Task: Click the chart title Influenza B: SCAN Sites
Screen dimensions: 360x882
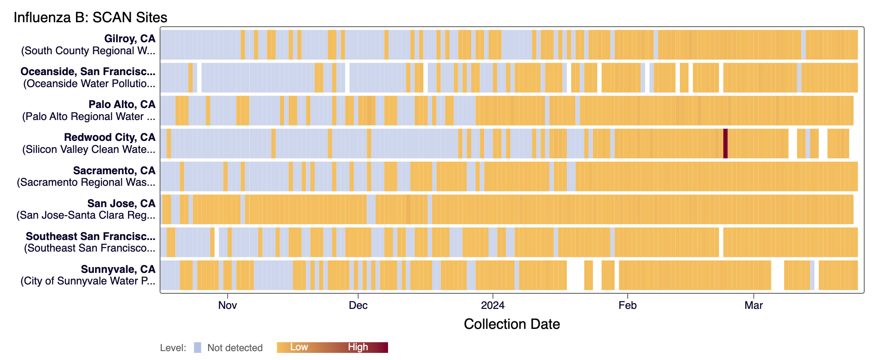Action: [x=90, y=17]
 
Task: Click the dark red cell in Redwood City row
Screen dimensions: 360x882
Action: [x=725, y=144]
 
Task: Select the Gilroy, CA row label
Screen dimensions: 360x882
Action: [x=129, y=39]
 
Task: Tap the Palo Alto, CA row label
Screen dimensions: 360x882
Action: [x=122, y=104]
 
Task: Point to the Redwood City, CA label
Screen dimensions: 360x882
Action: [x=109, y=137]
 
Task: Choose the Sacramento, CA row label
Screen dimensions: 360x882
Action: [x=114, y=171]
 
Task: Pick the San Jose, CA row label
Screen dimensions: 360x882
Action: [x=121, y=204]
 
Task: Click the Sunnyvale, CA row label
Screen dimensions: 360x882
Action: [x=118, y=269]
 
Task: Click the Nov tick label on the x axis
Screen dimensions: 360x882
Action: [x=227, y=305]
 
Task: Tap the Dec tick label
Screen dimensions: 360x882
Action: [x=358, y=305]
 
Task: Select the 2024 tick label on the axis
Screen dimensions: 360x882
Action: [x=493, y=305]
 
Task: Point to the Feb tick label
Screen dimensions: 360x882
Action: [x=627, y=305]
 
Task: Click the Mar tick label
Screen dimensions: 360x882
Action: [x=754, y=305]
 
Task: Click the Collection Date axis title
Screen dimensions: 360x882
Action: [x=512, y=324]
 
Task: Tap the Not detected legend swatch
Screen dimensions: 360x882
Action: [x=197, y=348]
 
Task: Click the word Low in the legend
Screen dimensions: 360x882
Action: [x=299, y=347]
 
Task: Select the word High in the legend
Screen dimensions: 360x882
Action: [x=358, y=347]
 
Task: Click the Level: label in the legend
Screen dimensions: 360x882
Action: [x=173, y=348]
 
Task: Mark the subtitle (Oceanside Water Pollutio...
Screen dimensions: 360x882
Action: [x=89, y=84]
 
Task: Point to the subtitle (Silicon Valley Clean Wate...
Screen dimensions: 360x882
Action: [x=88, y=149]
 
